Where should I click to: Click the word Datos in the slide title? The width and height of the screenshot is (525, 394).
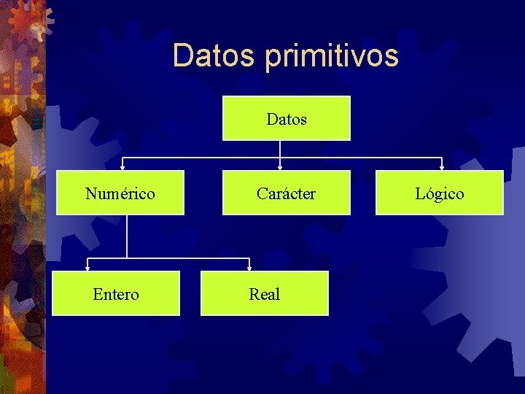pyautogui.click(x=216, y=55)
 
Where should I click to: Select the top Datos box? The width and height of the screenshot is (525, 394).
pyautogui.click(x=286, y=118)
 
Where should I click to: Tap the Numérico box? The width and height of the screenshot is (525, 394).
pyautogui.click(x=120, y=193)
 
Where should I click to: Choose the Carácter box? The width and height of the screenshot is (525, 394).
pyautogui.click(x=286, y=193)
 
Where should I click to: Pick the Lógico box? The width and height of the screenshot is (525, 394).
pyautogui.click(x=440, y=193)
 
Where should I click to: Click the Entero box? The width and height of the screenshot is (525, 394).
pyautogui.click(x=116, y=293)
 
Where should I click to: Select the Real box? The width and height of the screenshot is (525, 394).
pyautogui.click(x=265, y=293)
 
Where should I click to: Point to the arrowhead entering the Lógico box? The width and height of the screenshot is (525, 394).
pyautogui.click(x=441, y=167)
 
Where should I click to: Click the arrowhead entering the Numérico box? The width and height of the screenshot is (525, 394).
pyautogui.click(x=122, y=167)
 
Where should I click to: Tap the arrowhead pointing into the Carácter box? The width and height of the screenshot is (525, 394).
pyautogui.click(x=281, y=167)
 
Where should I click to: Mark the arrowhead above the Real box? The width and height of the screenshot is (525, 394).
pyautogui.click(x=249, y=268)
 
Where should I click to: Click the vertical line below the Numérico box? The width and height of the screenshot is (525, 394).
pyautogui.click(x=127, y=236)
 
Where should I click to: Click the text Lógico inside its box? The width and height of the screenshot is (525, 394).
pyautogui.click(x=440, y=193)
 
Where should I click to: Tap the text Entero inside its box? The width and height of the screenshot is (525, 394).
pyautogui.click(x=116, y=294)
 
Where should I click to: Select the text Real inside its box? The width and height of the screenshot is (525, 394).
pyautogui.click(x=265, y=294)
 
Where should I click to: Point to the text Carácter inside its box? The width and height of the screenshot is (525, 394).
pyautogui.click(x=286, y=193)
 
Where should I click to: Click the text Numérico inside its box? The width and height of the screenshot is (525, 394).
pyautogui.click(x=120, y=193)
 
